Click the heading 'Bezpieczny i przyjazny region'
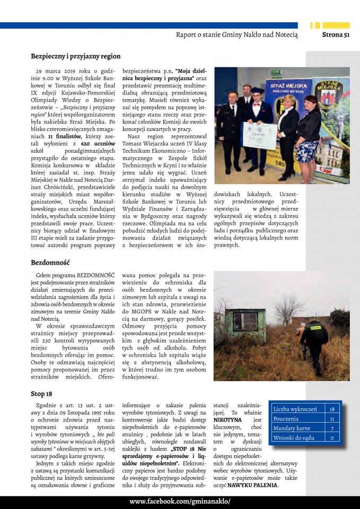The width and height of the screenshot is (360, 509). tap(75, 56)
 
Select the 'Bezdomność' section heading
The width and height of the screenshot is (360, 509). tap(51, 262)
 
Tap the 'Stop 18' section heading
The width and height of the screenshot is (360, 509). tap(41, 394)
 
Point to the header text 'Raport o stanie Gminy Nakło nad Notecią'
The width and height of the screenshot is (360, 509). tap(236, 35)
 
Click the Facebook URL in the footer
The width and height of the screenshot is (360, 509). tap(180, 502)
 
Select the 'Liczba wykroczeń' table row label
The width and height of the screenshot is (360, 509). tap(295, 409)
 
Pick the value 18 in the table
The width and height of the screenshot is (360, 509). tap(332, 409)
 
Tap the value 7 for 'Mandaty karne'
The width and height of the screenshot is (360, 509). tap(332, 428)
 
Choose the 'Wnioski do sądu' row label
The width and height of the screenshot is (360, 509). tap(294, 437)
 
